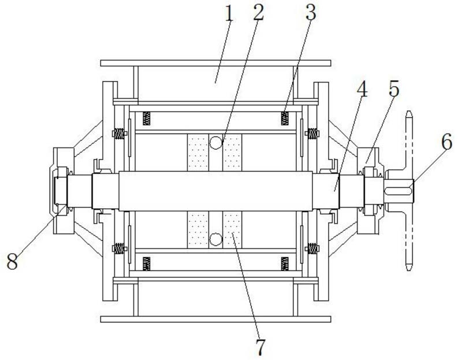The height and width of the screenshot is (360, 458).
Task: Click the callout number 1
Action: click(229, 14)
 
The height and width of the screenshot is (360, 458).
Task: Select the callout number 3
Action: click(311, 13)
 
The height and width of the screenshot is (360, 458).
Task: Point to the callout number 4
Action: click(362, 89)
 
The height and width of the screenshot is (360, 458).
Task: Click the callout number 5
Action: click(394, 89)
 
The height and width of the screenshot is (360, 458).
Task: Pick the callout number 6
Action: click(447, 143)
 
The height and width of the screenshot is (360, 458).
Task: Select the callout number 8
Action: click(12, 261)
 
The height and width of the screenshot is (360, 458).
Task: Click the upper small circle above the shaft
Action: click(216, 143)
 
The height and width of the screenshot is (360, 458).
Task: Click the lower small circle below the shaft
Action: click(216, 239)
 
